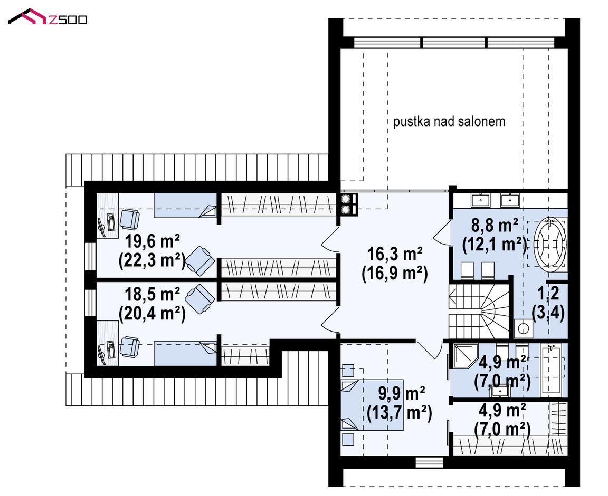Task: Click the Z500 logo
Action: [47, 17]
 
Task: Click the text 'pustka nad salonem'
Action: [449, 122]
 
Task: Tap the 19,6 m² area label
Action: [152, 241]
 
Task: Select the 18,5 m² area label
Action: [152, 294]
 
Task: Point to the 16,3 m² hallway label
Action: [395, 255]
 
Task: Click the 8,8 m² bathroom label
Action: [495, 226]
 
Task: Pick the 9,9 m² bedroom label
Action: [401, 394]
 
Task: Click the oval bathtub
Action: [549, 242]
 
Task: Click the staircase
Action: [479, 311]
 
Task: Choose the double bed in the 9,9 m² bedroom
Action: [372, 405]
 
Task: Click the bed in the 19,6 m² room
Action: [185, 206]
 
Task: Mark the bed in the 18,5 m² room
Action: [185, 353]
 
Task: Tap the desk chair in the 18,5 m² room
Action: [129, 346]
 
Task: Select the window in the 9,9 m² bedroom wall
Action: [429, 462]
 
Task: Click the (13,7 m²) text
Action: [400, 413]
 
